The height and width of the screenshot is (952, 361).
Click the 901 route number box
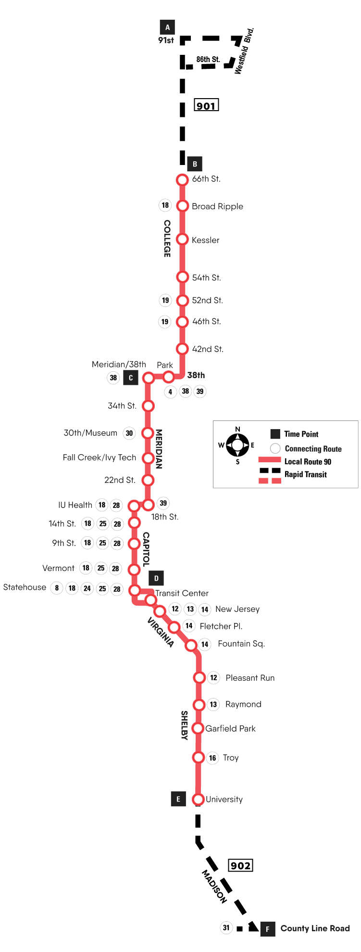pos(206,105)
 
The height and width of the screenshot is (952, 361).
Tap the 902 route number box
pos(240,865)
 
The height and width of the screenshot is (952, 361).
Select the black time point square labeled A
pos(167,27)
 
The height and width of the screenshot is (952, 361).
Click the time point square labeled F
pos(268,929)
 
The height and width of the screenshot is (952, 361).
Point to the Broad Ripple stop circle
pos(182,206)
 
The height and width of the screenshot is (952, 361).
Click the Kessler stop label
pos(205,240)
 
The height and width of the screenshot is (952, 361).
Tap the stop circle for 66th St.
pos(182,180)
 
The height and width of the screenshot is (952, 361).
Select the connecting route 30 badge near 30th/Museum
pos(129,433)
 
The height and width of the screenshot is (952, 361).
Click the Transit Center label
pos(182,593)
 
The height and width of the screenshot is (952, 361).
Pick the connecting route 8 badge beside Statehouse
pos(57,588)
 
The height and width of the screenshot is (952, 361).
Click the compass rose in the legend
pos(237,445)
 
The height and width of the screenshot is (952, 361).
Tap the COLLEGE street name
pos(167,239)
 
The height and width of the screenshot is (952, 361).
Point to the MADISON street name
pos(214,886)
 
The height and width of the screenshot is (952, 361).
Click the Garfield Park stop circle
pos(198,728)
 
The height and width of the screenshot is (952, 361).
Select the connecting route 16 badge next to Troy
pos(212,758)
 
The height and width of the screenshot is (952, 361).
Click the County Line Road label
pos(315,928)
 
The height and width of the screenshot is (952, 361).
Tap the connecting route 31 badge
pos(226,927)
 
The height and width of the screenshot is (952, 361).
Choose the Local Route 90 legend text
pos(308,462)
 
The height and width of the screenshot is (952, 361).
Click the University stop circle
pos(198,800)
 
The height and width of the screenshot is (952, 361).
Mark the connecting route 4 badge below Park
pos(170,392)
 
